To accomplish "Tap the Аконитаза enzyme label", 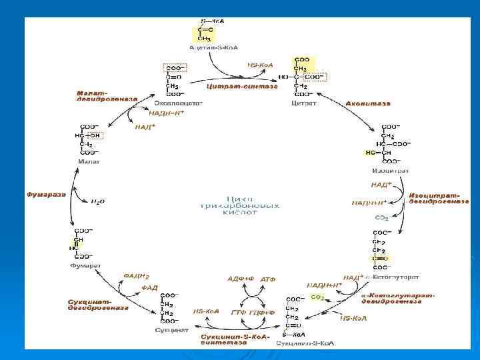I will click(368, 103).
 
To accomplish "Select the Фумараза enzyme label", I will click(47, 195).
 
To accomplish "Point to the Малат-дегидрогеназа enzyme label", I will click(107, 95).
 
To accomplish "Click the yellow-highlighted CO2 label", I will click(317, 297).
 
